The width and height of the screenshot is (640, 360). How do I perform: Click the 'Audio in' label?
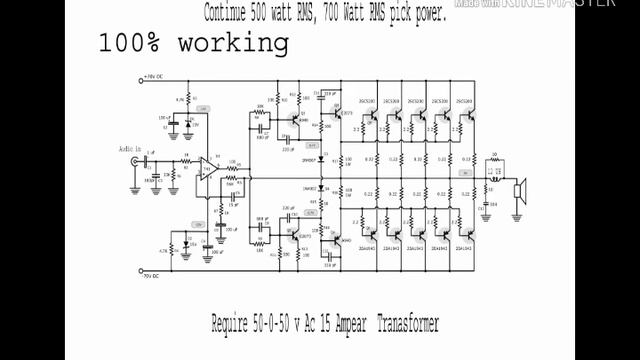130,149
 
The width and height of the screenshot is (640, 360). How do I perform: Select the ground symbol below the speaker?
519,214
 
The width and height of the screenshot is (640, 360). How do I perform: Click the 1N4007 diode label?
309,160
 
